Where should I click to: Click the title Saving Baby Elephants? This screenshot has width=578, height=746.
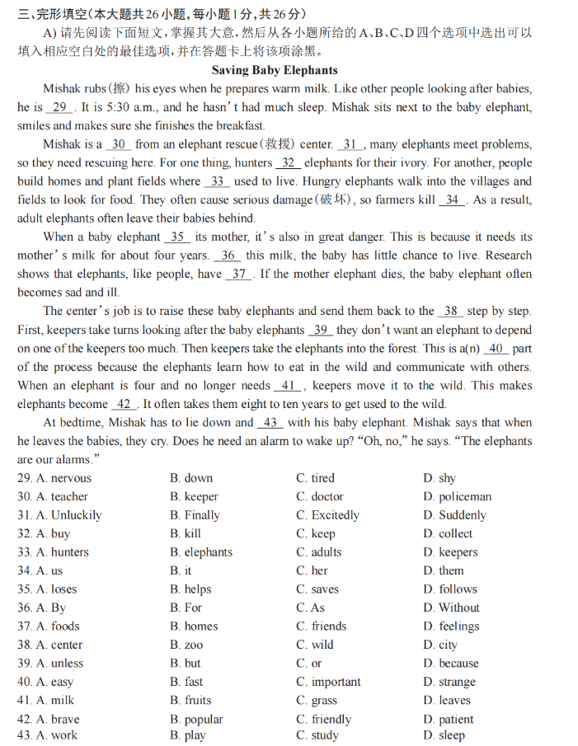(275, 71)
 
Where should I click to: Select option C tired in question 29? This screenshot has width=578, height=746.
(316, 478)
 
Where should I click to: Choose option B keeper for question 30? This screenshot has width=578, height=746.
(195, 497)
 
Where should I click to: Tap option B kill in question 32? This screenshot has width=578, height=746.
(186, 533)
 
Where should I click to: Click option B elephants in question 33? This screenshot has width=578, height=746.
(201, 552)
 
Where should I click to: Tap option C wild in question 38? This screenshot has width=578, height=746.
(315, 645)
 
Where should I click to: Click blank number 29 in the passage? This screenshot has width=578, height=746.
(59, 107)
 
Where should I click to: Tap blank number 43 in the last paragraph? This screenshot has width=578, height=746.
(270, 423)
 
